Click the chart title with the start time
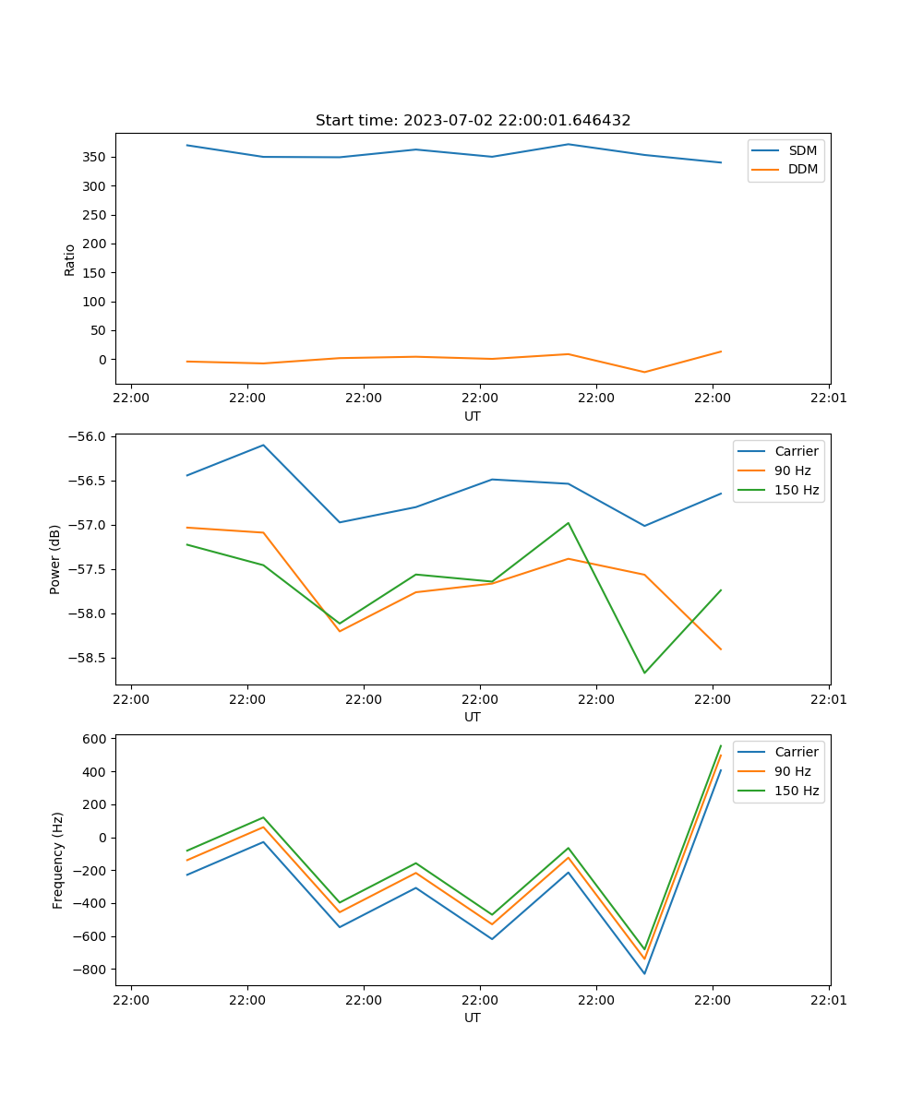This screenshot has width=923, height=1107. pos(473,121)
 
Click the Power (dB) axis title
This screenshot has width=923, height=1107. pos(56,559)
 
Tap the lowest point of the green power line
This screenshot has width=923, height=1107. pos(644,673)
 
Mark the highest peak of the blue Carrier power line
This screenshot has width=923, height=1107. pos(263,445)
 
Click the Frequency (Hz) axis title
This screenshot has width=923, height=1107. pos(58,860)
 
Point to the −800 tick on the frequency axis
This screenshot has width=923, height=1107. pos(91,970)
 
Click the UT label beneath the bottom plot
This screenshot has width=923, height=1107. pos(473,1018)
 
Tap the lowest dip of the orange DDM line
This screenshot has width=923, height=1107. pos(644,372)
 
